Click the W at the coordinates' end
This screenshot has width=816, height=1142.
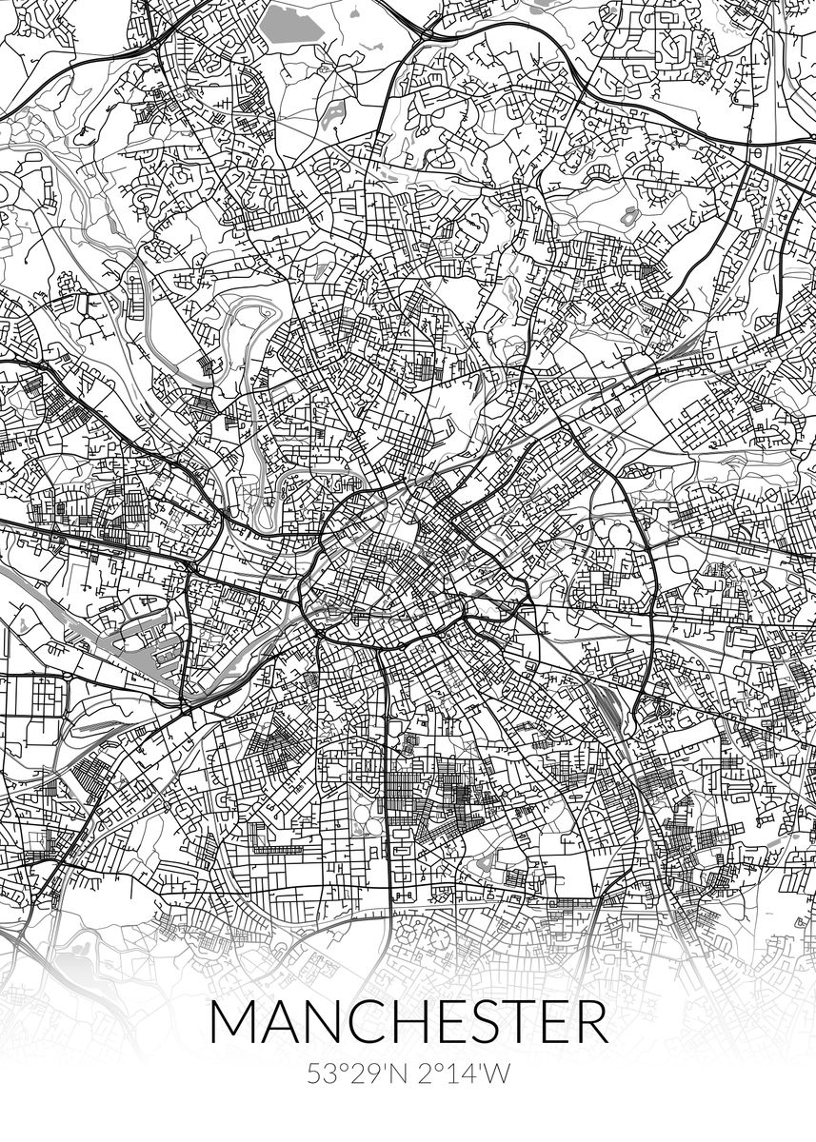coord(498,1073)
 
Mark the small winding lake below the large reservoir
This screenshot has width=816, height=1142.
coord(334,114)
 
